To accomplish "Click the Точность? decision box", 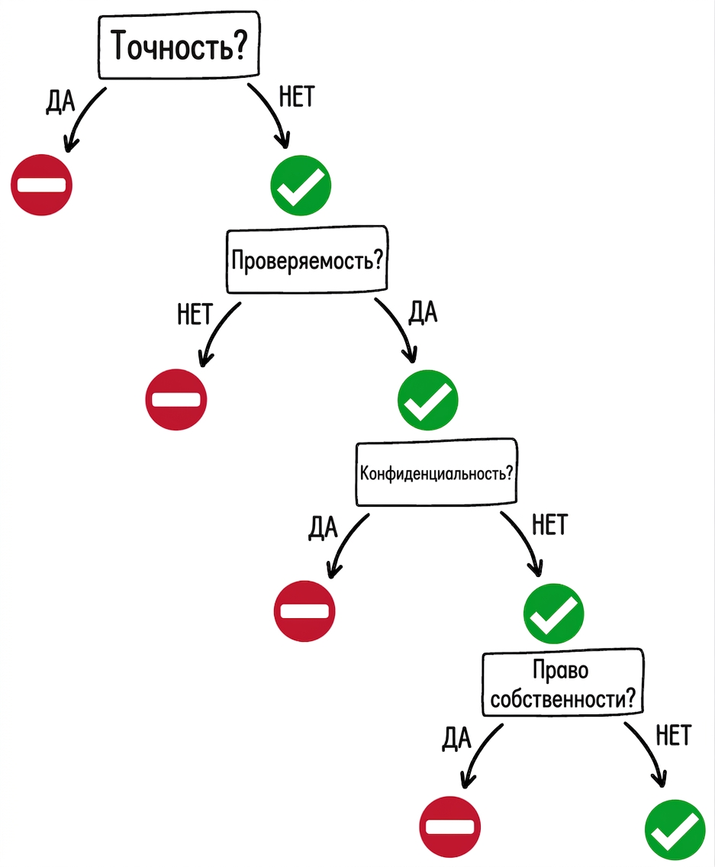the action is click(179, 45).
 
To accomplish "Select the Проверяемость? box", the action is click(307, 259).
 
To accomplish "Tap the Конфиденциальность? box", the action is click(436, 472).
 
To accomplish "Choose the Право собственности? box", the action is click(563, 683).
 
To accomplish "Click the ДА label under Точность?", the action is click(60, 102).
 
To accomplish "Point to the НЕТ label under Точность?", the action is click(297, 96).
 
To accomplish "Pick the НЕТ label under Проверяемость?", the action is click(195, 314).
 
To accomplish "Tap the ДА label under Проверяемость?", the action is click(423, 312).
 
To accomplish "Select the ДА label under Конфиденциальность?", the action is click(323, 527).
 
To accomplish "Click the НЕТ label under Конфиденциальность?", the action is click(549, 524).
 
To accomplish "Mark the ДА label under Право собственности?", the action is click(457, 738).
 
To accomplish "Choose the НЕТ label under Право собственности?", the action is click(674, 736).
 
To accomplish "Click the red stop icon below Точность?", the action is click(41, 185).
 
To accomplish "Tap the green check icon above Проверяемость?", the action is click(301, 185).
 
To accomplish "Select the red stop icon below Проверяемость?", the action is click(176, 399).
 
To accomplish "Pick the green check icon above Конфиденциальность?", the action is click(428, 400).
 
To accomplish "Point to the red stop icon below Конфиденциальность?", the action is click(304, 611).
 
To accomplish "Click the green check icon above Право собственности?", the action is click(554, 614).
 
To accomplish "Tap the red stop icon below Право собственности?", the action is click(450, 827).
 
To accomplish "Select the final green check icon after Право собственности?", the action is click(675, 830).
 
